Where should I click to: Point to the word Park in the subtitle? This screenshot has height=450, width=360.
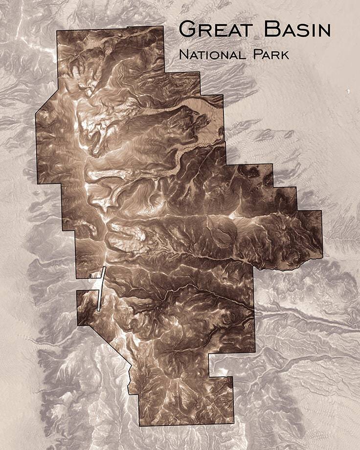270,54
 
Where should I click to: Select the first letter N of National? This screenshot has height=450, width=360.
183,54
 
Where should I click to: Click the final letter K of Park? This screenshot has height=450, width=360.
285,54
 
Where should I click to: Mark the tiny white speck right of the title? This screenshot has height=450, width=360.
348,91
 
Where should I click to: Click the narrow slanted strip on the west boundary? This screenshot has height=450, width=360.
101,289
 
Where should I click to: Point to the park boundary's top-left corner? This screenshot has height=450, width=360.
57,31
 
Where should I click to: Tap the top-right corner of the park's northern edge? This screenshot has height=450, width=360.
162,26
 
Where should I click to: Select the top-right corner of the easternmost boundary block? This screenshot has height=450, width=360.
321,211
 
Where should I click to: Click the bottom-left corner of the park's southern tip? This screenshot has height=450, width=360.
139,426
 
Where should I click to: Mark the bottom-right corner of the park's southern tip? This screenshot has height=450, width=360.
233,424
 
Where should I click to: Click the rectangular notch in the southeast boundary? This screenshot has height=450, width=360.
220,364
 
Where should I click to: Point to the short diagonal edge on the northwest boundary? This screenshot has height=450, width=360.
46,103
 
